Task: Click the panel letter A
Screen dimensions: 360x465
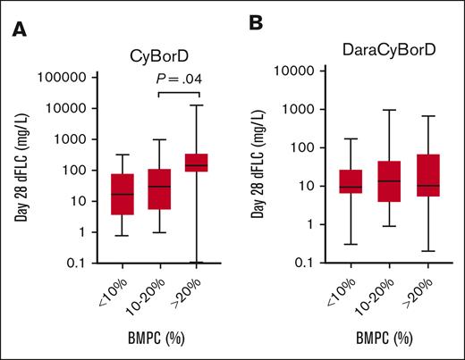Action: (17, 31)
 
